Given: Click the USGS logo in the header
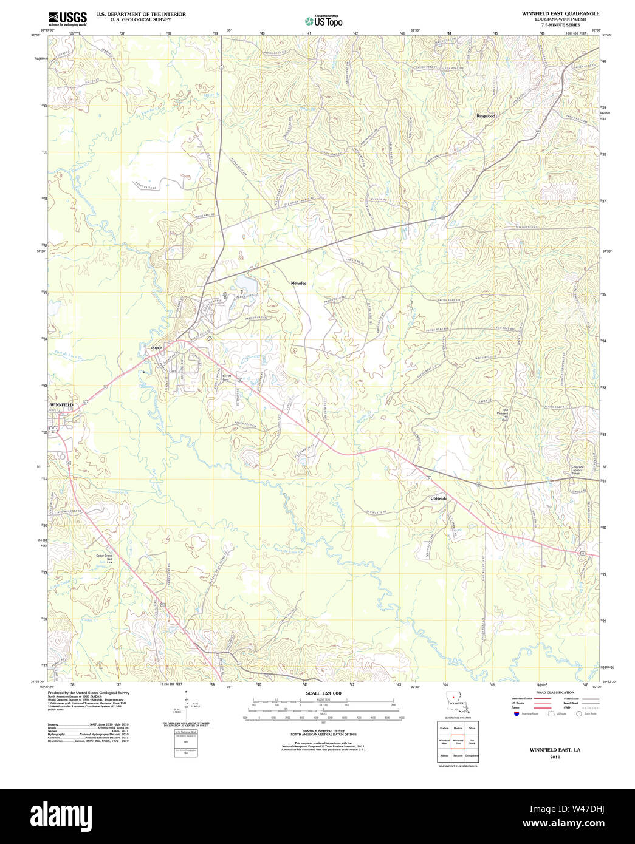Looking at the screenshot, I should tap(67, 18).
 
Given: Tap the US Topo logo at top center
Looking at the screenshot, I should tap(323, 21).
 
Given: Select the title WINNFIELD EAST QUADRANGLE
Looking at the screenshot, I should tap(560, 13).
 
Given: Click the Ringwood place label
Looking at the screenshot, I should tap(486, 116).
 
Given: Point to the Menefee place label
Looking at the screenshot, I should tap(298, 284).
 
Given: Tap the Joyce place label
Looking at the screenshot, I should tap(157, 347).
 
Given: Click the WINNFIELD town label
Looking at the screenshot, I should tap(61, 404).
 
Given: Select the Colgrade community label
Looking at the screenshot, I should tap(439, 499).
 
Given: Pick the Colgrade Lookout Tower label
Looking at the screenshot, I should tap(577, 469).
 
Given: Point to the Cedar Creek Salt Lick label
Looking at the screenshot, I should tap(105, 559).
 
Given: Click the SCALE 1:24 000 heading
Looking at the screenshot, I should tap(323, 693).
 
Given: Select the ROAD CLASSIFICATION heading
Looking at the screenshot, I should tap(554, 692).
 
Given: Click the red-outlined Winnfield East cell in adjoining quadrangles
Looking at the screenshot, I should tap(458, 741).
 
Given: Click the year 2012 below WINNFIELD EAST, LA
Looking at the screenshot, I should tap(555, 757).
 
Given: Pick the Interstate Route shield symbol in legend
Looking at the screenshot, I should tap(516, 713).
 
